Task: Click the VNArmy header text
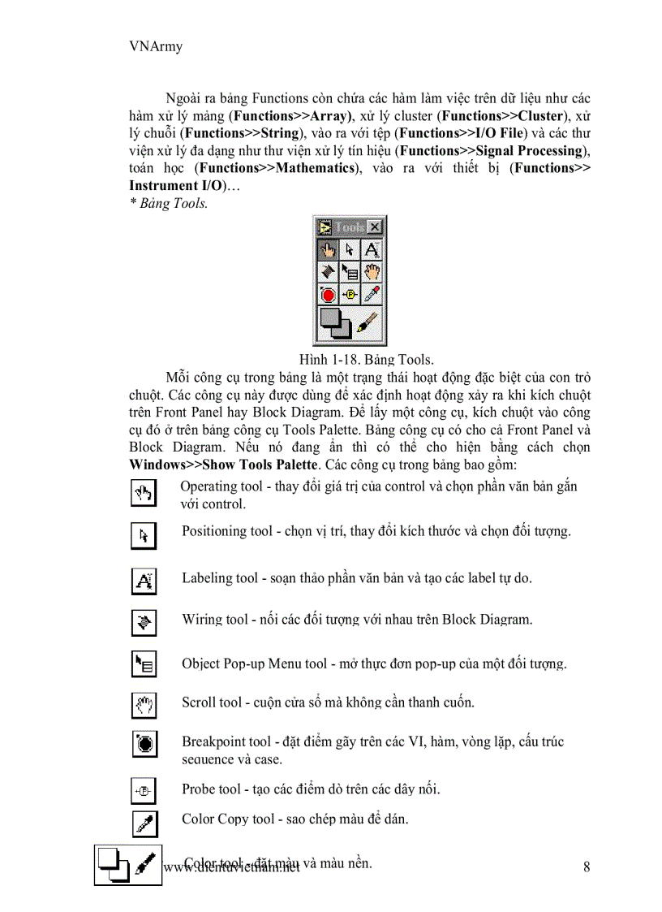pyautogui.click(x=156, y=46)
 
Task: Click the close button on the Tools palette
pyautogui.click(x=374, y=227)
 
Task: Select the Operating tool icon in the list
pyautogui.click(x=144, y=492)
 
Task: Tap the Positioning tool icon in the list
pyautogui.click(x=144, y=536)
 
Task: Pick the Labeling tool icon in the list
pyautogui.click(x=144, y=581)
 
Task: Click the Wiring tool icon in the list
pyautogui.click(x=144, y=623)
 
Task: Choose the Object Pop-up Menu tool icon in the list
pyautogui.click(x=144, y=665)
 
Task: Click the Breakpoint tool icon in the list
pyautogui.click(x=144, y=743)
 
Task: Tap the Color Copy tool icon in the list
pyautogui.click(x=144, y=823)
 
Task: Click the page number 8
pyautogui.click(x=587, y=867)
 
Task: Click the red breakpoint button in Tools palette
pyautogui.click(x=328, y=295)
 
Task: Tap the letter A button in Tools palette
pyautogui.click(x=372, y=250)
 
